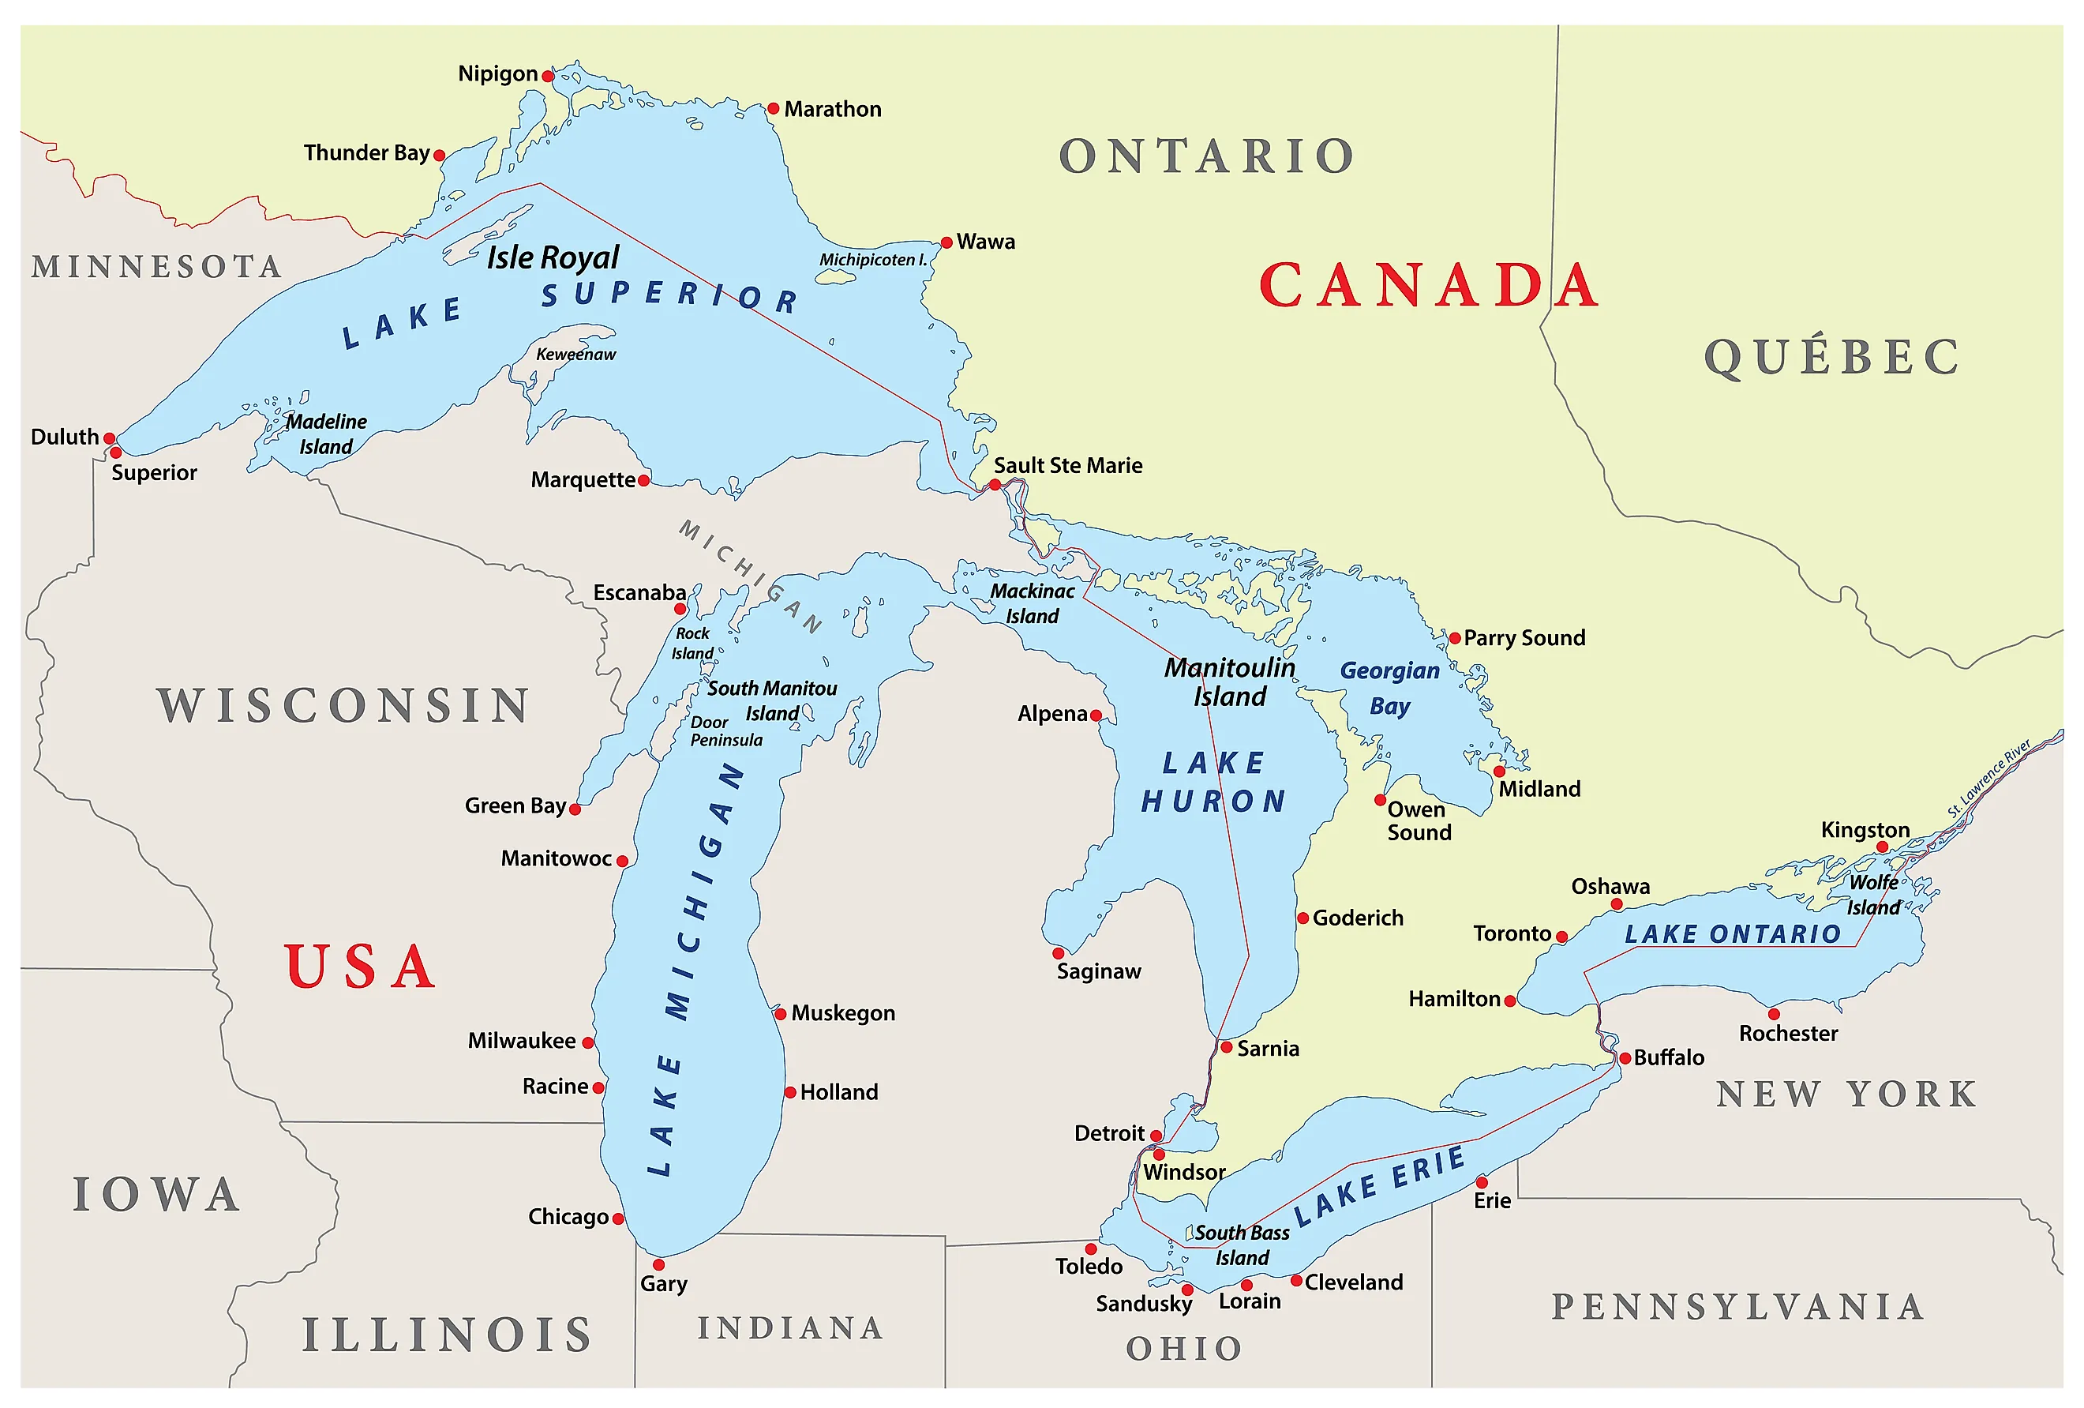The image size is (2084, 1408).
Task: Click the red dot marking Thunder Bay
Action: pyautogui.click(x=440, y=155)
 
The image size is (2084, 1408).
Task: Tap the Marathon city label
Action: pyautogui.click(x=832, y=110)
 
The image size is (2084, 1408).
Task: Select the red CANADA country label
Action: pyautogui.click(x=1429, y=285)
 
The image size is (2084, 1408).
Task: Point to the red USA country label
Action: pyautogui.click(x=361, y=967)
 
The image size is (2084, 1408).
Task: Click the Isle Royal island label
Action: pyautogui.click(x=553, y=257)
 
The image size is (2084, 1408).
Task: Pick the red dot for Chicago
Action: pyautogui.click(x=618, y=1218)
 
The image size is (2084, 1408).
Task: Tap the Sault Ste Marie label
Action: pyautogui.click(x=1067, y=465)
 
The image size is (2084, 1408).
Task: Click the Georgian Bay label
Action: pyautogui.click(x=1389, y=688)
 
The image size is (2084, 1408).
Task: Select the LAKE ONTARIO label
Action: pyautogui.click(x=1733, y=934)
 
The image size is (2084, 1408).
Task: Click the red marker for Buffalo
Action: pyautogui.click(x=1625, y=1058)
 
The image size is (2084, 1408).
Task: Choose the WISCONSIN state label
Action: pyautogui.click(x=344, y=706)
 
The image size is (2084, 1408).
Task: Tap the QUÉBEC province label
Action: pyautogui.click(x=1832, y=357)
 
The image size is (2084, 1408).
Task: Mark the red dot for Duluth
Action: pyautogui.click(x=110, y=438)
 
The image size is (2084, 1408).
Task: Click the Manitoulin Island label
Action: pyautogui.click(x=1229, y=681)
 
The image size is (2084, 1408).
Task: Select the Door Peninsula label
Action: pyautogui.click(x=725, y=731)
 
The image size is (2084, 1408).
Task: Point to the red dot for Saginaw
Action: pyautogui.click(x=1058, y=953)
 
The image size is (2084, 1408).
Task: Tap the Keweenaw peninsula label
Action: pyautogui.click(x=575, y=355)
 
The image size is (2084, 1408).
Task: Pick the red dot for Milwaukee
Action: pyautogui.click(x=588, y=1042)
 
